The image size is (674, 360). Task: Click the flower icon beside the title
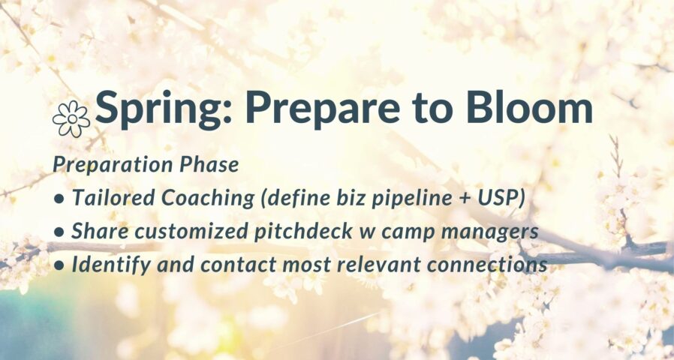point(71,118)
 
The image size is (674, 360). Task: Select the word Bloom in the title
point(530,107)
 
